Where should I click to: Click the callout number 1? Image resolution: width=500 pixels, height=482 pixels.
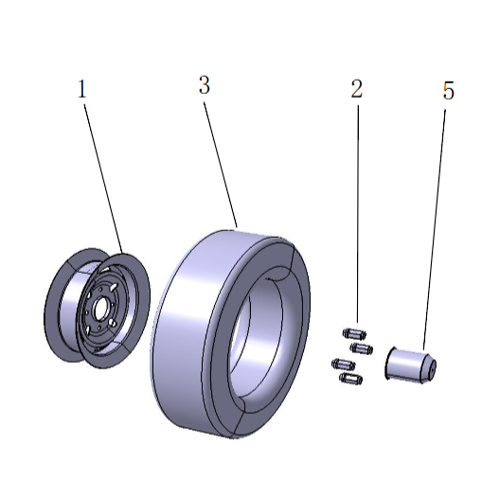click(82, 90)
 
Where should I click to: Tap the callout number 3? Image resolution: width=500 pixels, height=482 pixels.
click(204, 86)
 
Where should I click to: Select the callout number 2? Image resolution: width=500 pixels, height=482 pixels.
click(356, 90)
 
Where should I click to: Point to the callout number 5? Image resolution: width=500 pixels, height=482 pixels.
click(448, 92)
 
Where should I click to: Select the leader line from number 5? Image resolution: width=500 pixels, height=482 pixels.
click(435, 227)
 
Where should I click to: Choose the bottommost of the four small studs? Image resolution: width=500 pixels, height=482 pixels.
click(349, 379)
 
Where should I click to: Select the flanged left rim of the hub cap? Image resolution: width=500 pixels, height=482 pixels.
click(388, 365)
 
